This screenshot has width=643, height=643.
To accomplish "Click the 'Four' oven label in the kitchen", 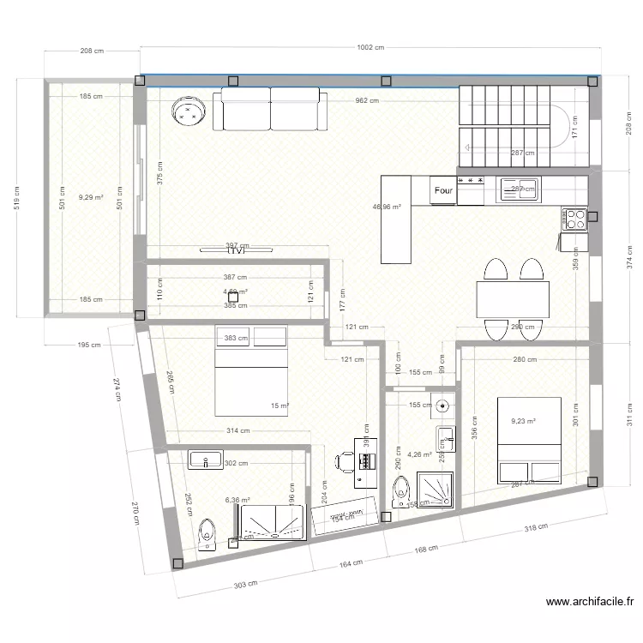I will (x=443, y=190).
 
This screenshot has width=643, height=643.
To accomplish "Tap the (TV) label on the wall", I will (x=237, y=251).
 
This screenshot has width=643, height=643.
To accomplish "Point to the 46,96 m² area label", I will (x=387, y=207).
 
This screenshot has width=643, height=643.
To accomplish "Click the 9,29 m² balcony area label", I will (x=91, y=197).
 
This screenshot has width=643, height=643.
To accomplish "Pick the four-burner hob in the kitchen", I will (x=575, y=219).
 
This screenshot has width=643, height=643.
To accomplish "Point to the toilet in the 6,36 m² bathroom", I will (x=206, y=533).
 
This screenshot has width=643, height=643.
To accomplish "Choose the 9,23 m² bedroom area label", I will (x=523, y=421).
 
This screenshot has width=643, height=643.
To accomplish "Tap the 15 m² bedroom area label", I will (x=280, y=406).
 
